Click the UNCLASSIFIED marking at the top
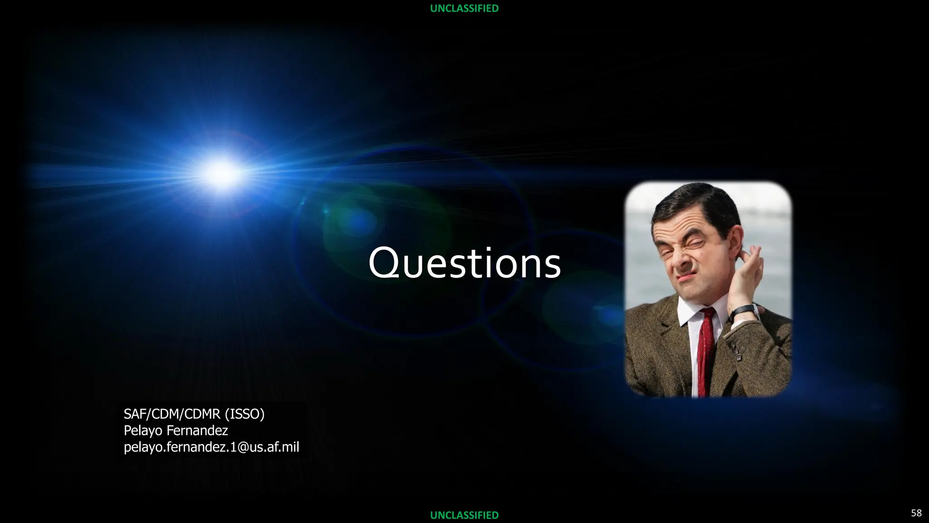[464, 8]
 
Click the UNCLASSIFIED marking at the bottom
[464, 515]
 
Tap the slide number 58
[916, 513]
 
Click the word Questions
[464, 263]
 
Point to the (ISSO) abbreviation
[244, 414]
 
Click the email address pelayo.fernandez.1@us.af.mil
[211, 447]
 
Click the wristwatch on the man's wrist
[744, 311]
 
